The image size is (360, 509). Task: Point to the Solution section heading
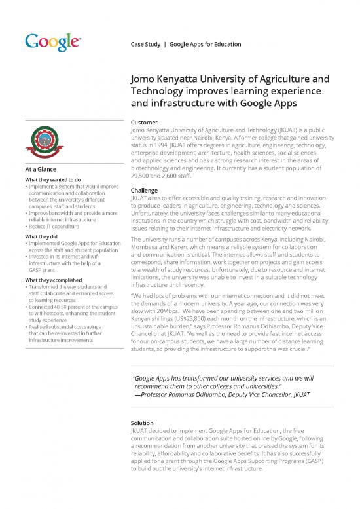pos(144,423)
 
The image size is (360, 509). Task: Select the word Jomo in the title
pos(146,81)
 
